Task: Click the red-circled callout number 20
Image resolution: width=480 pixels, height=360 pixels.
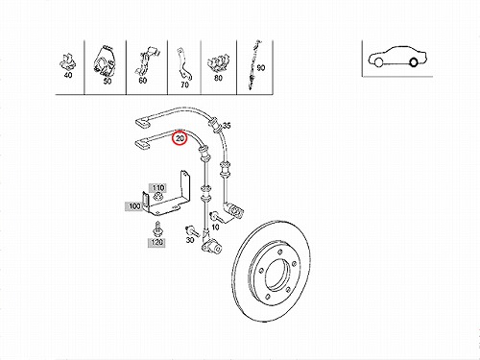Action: (x=180, y=138)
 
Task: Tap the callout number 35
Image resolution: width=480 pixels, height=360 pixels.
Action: (x=227, y=125)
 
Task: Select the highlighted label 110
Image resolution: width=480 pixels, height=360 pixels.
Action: (x=158, y=187)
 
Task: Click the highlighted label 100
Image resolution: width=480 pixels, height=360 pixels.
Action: (x=134, y=206)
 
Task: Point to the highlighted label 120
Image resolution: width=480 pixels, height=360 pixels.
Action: (x=156, y=242)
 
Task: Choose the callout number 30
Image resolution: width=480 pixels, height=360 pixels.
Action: (x=190, y=239)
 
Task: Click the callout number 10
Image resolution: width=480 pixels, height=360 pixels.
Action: (x=216, y=228)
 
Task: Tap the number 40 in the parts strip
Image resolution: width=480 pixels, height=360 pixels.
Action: (x=68, y=75)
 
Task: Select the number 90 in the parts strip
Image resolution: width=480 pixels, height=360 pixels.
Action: (x=261, y=68)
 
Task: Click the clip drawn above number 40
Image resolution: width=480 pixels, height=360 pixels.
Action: (x=68, y=61)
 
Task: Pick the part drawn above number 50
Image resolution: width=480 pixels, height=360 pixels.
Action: (x=105, y=61)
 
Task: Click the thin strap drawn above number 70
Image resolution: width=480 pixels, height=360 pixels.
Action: (x=183, y=64)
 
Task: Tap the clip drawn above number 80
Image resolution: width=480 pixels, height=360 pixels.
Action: (x=218, y=63)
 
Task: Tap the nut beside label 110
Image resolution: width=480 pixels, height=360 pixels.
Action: (x=157, y=197)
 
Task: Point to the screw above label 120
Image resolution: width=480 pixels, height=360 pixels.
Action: (x=157, y=228)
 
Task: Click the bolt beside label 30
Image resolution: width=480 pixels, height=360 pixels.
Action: (x=192, y=230)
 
